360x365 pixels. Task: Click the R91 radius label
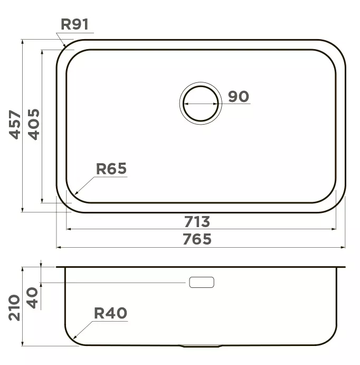pyautogui.click(x=74, y=24)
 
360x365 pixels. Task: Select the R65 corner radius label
pyautogui.click(x=111, y=169)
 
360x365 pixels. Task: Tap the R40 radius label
pyautogui.click(x=110, y=313)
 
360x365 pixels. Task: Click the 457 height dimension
pyautogui.click(x=14, y=125)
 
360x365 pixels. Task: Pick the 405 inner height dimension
pyautogui.click(x=34, y=125)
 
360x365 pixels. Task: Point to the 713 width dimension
pyautogui.click(x=197, y=222)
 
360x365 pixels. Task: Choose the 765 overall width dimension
pyautogui.click(x=197, y=239)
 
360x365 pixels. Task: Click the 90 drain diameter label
pyautogui.click(x=239, y=97)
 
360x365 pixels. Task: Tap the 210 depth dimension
pyautogui.click(x=14, y=308)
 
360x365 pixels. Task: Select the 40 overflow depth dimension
pyautogui.click(x=32, y=298)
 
